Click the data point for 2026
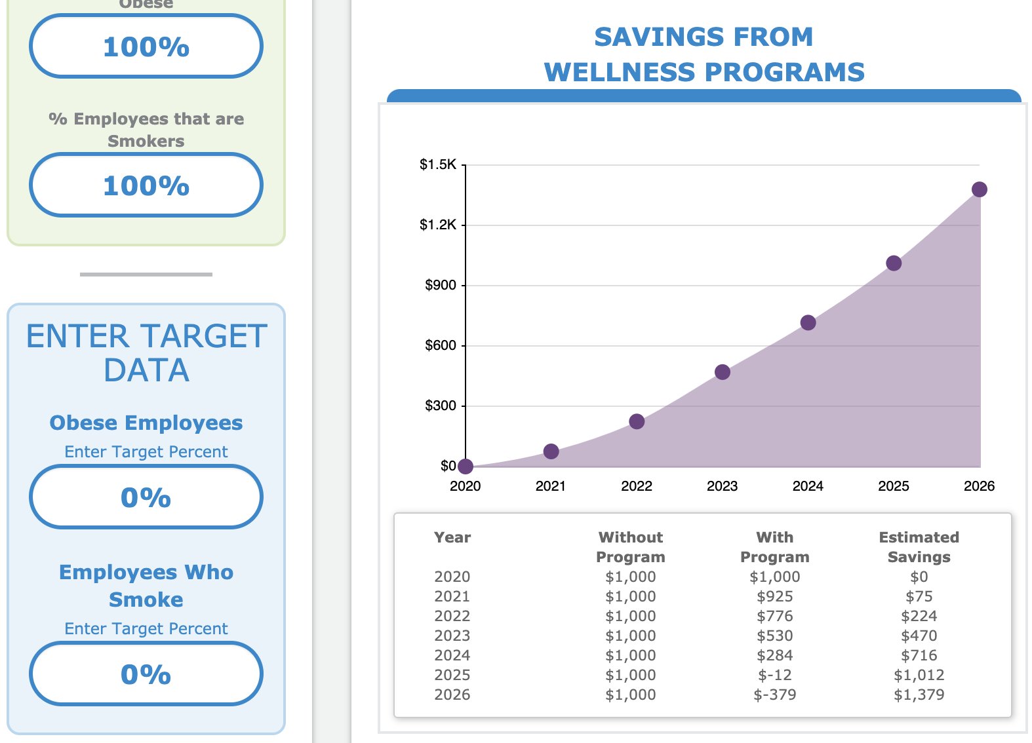(979, 189)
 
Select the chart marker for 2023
(722, 372)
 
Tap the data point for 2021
(551, 451)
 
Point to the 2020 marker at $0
(466, 467)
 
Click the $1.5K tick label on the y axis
(438, 164)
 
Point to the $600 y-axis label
(441, 345)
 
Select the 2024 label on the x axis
(808, 486)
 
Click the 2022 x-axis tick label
(637, 486)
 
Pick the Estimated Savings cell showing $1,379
(919, 695)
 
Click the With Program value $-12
(774, 675)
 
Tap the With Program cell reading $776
(774, 616)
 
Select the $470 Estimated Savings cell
(919, 636)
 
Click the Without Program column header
(630, 547)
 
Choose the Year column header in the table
(452, 537)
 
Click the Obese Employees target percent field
(146, 497)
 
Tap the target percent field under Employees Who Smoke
(146, 674)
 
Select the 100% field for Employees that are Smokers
(146, 185)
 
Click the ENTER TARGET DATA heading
(146, 353)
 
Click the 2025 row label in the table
(452, 675)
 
